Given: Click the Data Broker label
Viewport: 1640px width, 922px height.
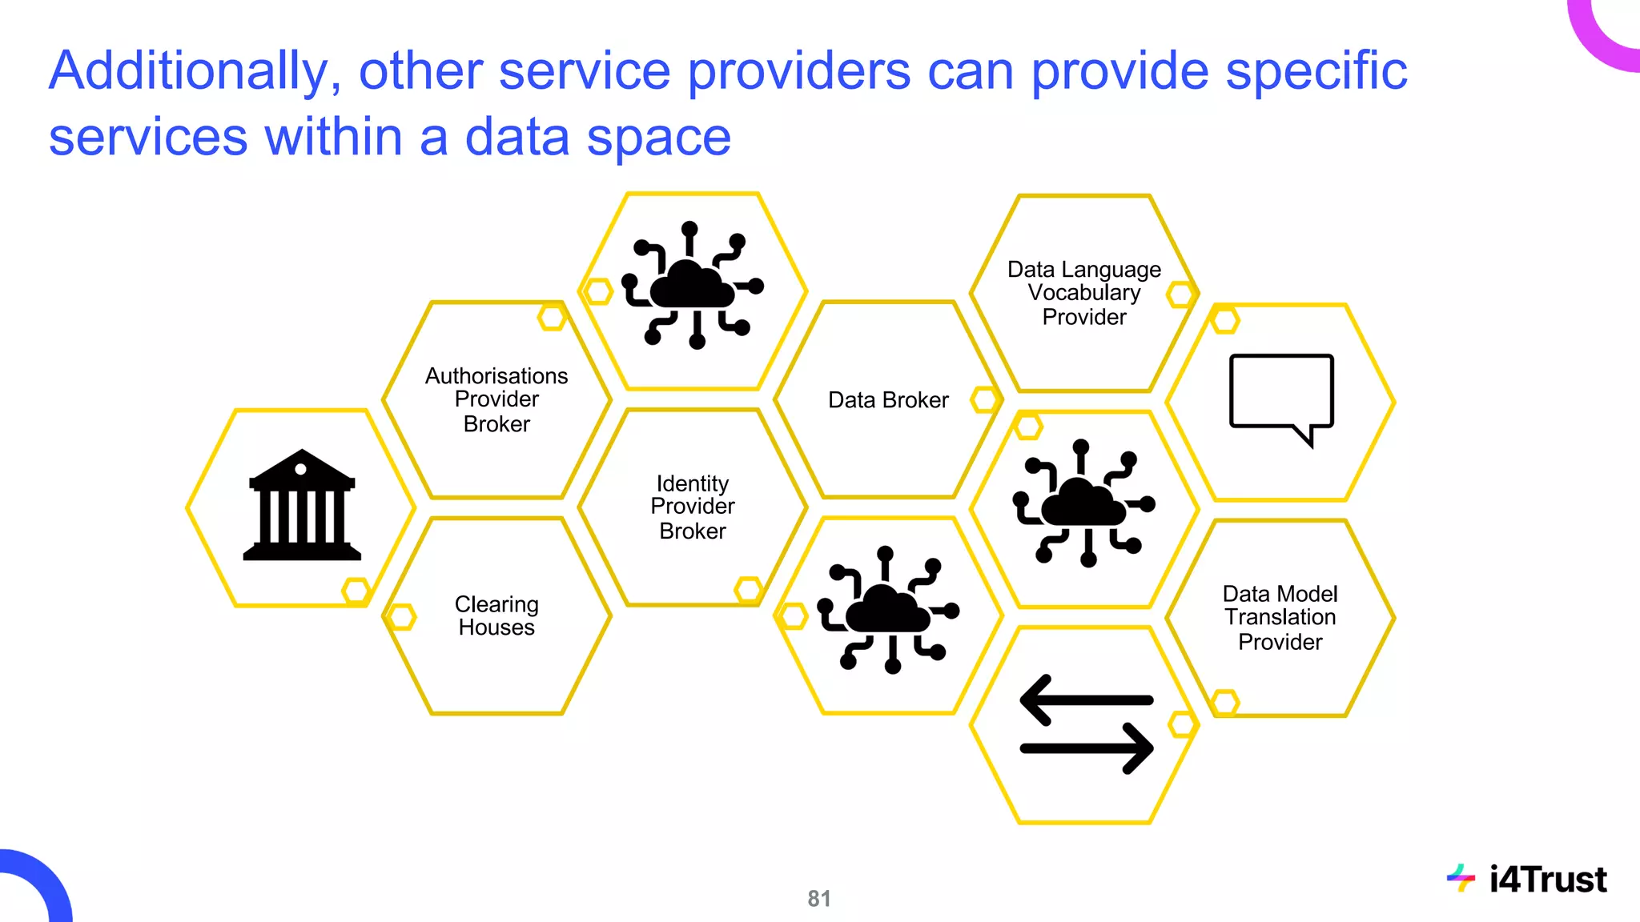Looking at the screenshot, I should pos(888,400).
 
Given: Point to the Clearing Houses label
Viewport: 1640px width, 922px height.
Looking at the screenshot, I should pos(496,615).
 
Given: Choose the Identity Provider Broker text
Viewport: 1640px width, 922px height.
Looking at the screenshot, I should pos(693,507).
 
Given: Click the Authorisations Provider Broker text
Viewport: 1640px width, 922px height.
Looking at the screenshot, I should pos(496,399).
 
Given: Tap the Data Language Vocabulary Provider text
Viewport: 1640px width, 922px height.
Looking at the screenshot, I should pos(1084,293).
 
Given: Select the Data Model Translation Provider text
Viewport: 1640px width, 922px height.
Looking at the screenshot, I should pos(1280,617).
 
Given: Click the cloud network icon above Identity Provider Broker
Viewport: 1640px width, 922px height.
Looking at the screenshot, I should pos(693,285).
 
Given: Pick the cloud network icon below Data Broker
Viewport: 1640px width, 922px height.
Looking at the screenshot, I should pos(887,609).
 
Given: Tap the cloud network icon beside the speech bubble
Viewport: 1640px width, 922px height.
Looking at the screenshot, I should pos(1084,503).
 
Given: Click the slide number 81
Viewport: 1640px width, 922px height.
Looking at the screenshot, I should pos(818,899).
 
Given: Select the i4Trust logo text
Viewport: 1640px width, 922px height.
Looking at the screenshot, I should pos(1547,880).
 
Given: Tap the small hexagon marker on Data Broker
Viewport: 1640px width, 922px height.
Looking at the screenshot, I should pos(984,399).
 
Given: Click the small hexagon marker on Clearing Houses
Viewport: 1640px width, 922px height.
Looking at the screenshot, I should pos(401,617).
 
